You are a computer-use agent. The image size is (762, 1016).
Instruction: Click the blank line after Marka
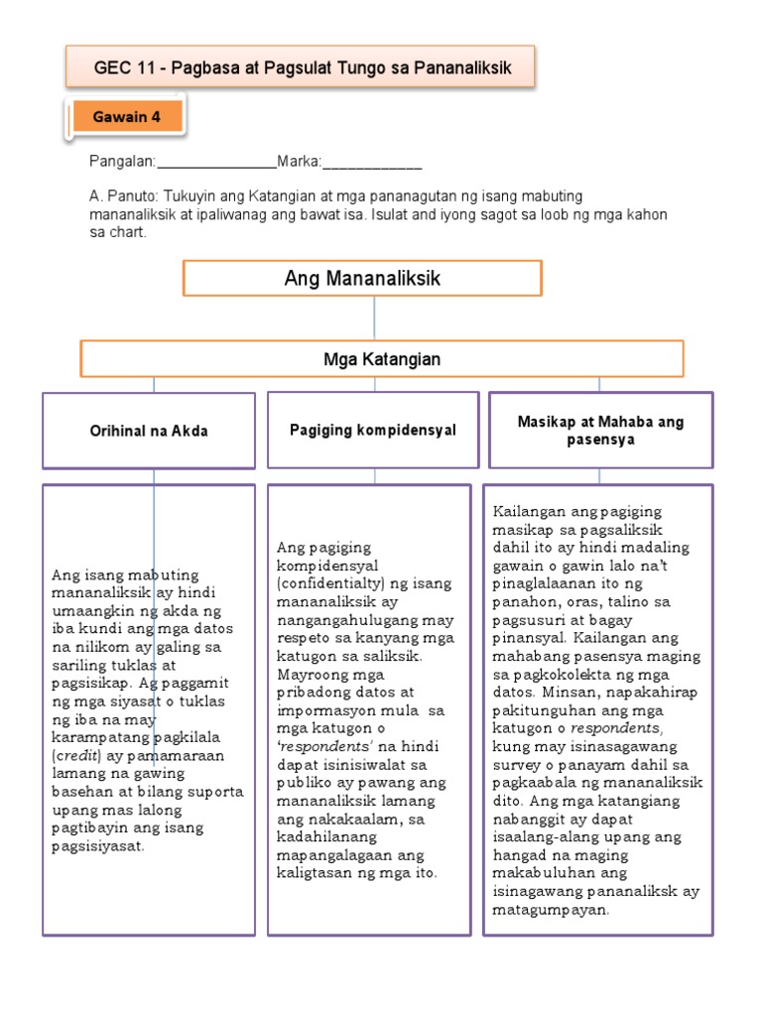coord(372,163)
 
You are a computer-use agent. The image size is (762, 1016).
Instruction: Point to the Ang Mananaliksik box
coord(362,279)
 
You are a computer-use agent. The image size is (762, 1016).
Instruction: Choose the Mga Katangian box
coord(382,359)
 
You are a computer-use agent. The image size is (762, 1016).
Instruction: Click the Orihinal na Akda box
coord(149,431)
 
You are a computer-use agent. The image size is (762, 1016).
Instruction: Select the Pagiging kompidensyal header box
coord(373,430)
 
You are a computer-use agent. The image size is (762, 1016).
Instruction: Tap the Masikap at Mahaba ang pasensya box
coord(599,431)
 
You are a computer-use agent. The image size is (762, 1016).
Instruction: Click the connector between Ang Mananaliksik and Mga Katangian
coord(374,318)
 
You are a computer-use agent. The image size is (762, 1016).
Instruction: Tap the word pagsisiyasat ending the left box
coord(97,845)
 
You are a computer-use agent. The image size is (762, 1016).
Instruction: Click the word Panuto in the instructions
coord(131,196)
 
